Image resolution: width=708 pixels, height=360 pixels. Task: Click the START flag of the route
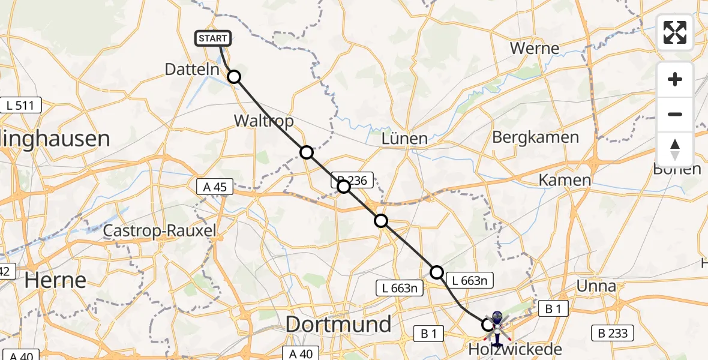[x=212, y=39]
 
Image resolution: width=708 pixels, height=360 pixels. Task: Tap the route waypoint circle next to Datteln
[x=234, y=77]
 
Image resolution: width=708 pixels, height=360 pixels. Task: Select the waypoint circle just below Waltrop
[x=307, y=152]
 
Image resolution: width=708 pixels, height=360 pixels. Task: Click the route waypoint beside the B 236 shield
[x=344, y=187]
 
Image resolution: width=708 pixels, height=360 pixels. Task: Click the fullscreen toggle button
[x=675, y=32]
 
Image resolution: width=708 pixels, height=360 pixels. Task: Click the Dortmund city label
[x=338, y=325]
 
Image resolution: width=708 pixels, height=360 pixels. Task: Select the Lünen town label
[x=405, y=139]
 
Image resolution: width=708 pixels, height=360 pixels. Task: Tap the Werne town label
[x=534, y=48]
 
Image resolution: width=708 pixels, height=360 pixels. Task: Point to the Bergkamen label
[x=535, y=137]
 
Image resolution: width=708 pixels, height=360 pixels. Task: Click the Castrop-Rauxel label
[x=160, y=230]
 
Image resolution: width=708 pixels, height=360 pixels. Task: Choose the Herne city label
[x=55, y=280]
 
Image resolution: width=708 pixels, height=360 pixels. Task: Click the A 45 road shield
[x=215, y=187]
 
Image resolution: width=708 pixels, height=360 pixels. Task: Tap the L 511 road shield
[x=21, y=106]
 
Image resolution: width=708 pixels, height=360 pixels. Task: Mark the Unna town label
[x=595, y=286]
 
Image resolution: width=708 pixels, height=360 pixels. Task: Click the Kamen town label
[x=564, y=179]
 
